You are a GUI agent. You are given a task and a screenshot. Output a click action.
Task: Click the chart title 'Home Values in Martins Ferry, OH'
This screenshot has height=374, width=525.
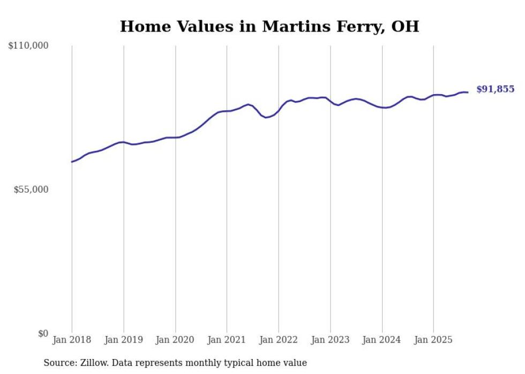click(x=269, y=26)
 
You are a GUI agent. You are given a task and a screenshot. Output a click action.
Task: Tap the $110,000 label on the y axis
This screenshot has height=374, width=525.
click(x=28, y=46)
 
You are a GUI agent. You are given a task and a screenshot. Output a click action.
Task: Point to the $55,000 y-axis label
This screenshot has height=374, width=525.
click(x=31, y=189)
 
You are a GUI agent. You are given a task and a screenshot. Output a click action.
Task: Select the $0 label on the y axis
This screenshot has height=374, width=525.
click(x=43, y=333)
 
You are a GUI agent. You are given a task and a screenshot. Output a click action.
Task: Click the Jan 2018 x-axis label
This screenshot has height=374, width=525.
click(x=72, y=340)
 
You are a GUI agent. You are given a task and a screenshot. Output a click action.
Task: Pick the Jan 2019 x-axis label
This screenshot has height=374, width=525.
click(x=124, y=340)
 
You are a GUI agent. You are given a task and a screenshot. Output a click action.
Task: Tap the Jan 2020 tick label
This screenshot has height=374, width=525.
click(x=175, y=340)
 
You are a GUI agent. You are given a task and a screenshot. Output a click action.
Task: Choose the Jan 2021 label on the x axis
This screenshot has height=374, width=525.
click(x=227, y=340)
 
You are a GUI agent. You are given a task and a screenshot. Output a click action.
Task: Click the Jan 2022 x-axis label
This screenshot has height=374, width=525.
click(x=279, y=340)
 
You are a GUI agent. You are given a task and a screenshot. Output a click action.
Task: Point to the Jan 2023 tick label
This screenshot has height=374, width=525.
click(x=331, y=340)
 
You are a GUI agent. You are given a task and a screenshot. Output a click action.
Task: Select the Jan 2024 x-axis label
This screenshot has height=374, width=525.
click(x=382, y=340)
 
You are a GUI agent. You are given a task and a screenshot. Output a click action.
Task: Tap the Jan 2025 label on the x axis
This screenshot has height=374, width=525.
click(x=433, y=340)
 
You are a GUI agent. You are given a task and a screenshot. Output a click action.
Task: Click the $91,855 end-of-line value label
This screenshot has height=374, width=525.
click(x=495, y=89)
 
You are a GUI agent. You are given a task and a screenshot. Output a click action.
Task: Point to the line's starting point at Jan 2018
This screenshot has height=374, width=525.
click(x=72, y=162)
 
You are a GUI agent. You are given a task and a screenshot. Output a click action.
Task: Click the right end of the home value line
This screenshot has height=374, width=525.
click(x=468, y=93)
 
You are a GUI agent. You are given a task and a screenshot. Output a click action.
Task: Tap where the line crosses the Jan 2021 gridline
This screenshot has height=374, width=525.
click(x=227, y=111)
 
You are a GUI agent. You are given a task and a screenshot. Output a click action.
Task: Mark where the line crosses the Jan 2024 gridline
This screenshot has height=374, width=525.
click(x=382, y=108)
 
